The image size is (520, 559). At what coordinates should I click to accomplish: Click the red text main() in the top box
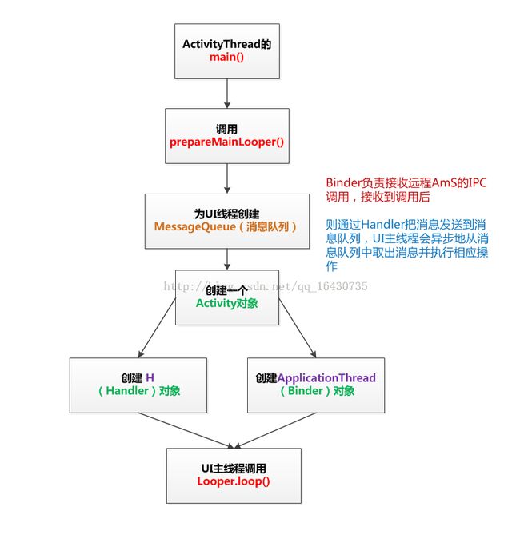227,58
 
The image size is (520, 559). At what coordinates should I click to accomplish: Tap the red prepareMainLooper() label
227,142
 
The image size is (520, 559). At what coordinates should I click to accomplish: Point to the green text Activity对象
227,304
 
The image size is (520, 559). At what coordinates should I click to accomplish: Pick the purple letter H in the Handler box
150,377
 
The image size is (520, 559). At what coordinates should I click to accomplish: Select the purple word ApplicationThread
326,377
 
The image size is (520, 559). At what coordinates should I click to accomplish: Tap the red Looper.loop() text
234,481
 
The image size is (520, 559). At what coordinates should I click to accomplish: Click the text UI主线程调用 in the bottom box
234,468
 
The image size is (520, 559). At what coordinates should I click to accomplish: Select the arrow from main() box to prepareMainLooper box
227,94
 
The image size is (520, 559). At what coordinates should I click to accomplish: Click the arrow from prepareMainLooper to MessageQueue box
227,177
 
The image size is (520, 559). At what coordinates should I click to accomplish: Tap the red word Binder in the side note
344,182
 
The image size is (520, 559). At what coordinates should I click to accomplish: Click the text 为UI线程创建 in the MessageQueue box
226,214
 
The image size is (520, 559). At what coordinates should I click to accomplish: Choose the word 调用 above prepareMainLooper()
227,128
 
